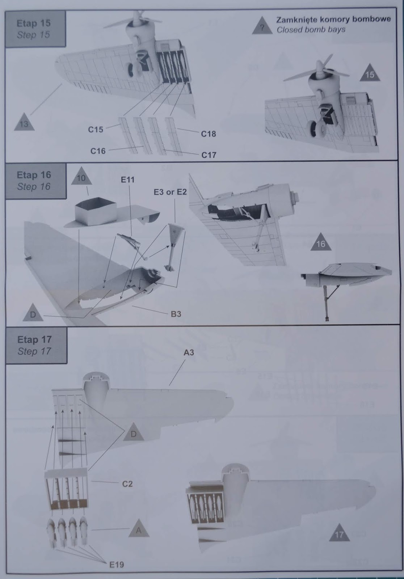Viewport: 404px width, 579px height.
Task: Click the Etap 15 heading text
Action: pyautogui.click(x=34, y=23)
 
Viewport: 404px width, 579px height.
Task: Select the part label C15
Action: pyautogui.click(x=96, y=130)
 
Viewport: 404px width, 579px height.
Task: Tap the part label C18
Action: pyautogui.click(x=208, y=134)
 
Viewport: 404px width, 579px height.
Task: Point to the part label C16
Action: pyautogui.click(x=98, y=151)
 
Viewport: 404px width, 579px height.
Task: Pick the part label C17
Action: pyautogui.click(x=209, y=155)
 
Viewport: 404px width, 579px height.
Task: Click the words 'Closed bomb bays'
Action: pyautogui.click(x=311, y=30)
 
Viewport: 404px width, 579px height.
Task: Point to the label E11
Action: pyautogui.click(x=127, y=179)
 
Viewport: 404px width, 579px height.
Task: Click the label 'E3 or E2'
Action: pyautogui.click(x=170, y=192)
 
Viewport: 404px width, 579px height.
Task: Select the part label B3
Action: pyautogui.click(x=176, y=314)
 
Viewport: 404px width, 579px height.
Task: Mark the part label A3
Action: pyautogui.click(x=189, y=352)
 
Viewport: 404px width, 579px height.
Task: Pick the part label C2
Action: pyautogui.click(x=127, y=484)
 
